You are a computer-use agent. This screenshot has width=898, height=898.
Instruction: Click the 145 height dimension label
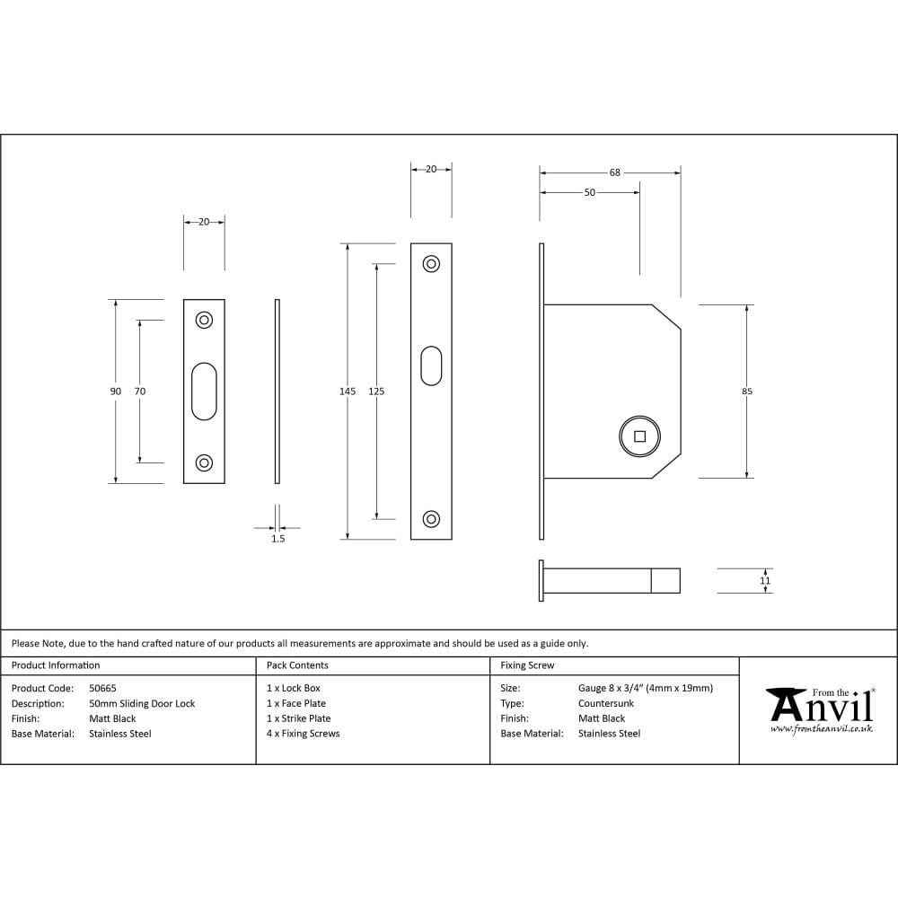pyautogui.click(x=348, y=392)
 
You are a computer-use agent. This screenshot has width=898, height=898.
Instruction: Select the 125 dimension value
pyautogui.click(x=376, y=392)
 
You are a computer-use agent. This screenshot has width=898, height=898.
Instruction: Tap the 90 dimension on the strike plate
pyautogui.click(x=115, y=392)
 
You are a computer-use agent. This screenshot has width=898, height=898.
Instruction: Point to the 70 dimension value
pyautogui.click(x=139, y=392)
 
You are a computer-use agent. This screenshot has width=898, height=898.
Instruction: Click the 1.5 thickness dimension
pyautogui.click(x=277, y=539)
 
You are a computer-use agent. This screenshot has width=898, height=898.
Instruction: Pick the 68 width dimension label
pyautogui.click(x=614, y=172)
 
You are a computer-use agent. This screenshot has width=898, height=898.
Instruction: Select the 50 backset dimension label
pyautogui.click(x=589, y=192)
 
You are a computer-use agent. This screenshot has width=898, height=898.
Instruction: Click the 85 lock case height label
pyautogui.click(x=747, y=392)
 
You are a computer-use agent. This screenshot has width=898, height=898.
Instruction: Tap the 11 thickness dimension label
pyautogui.click(x=765, y=581)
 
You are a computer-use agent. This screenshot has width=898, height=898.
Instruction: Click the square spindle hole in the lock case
pyautogui.click(x=639, y=437)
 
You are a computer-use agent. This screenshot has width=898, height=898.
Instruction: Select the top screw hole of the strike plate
pyautogui.click(x=204, y=320)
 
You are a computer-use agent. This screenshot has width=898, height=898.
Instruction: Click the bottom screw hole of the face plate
pyautogui.click(x=431, y=519)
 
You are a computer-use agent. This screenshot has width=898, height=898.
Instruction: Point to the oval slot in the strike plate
pyautogui.click(x=204, y=392)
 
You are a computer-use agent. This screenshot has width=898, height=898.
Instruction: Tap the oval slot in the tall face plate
pyautogui.click(x=431, y=365)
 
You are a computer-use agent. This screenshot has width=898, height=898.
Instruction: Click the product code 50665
pyautogui.click(x=102, y=689)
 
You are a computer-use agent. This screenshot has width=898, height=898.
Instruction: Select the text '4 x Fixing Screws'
pyautogui.click(x=304, y=734)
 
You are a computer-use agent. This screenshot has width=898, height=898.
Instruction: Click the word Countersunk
pyautogui.click(x=606, y=704)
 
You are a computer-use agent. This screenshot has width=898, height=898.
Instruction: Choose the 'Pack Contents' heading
pyautogui.click(x=297, y=665)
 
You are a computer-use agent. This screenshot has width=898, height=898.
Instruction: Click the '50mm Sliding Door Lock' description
pyautogui.click(x=142, y=704)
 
